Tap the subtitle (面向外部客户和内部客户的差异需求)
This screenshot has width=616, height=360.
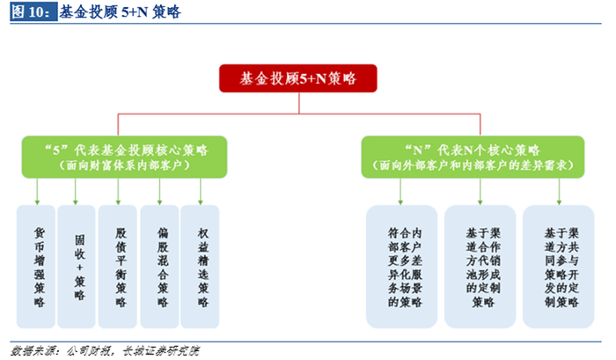(473, 165)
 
